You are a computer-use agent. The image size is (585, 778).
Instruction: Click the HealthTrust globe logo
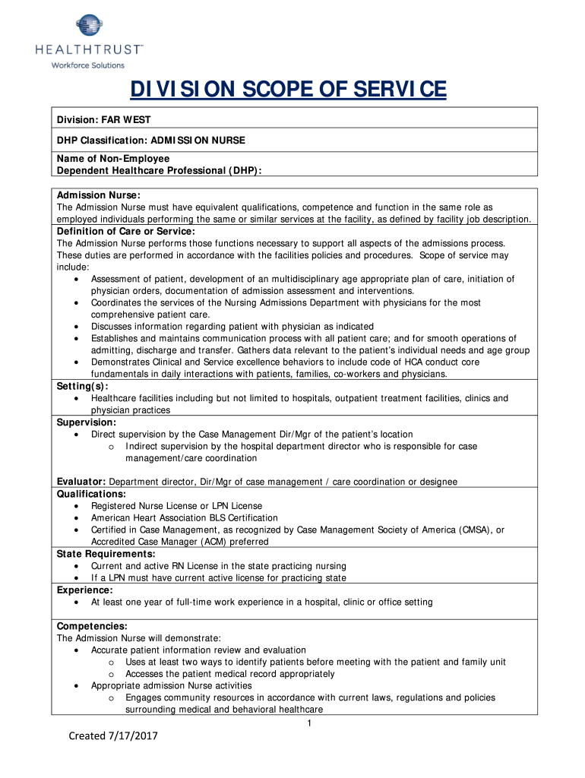click(89, 25)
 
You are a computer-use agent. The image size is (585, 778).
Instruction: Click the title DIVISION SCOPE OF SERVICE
click(288, 90)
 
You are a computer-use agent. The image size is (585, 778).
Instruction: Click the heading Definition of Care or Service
click(126, 231)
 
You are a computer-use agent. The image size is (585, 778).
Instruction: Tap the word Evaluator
click(81, 482)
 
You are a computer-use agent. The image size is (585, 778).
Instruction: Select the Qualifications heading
click(92, 494)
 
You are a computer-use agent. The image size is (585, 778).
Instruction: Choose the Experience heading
click(85, 590)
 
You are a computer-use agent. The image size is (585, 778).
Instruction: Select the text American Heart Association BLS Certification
click(185, 517)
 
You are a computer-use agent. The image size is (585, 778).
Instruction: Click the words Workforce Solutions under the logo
click(87, 65)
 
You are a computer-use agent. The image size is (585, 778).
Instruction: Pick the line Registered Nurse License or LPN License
click(176, 505)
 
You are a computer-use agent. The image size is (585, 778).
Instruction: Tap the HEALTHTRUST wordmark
click(89, 49)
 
